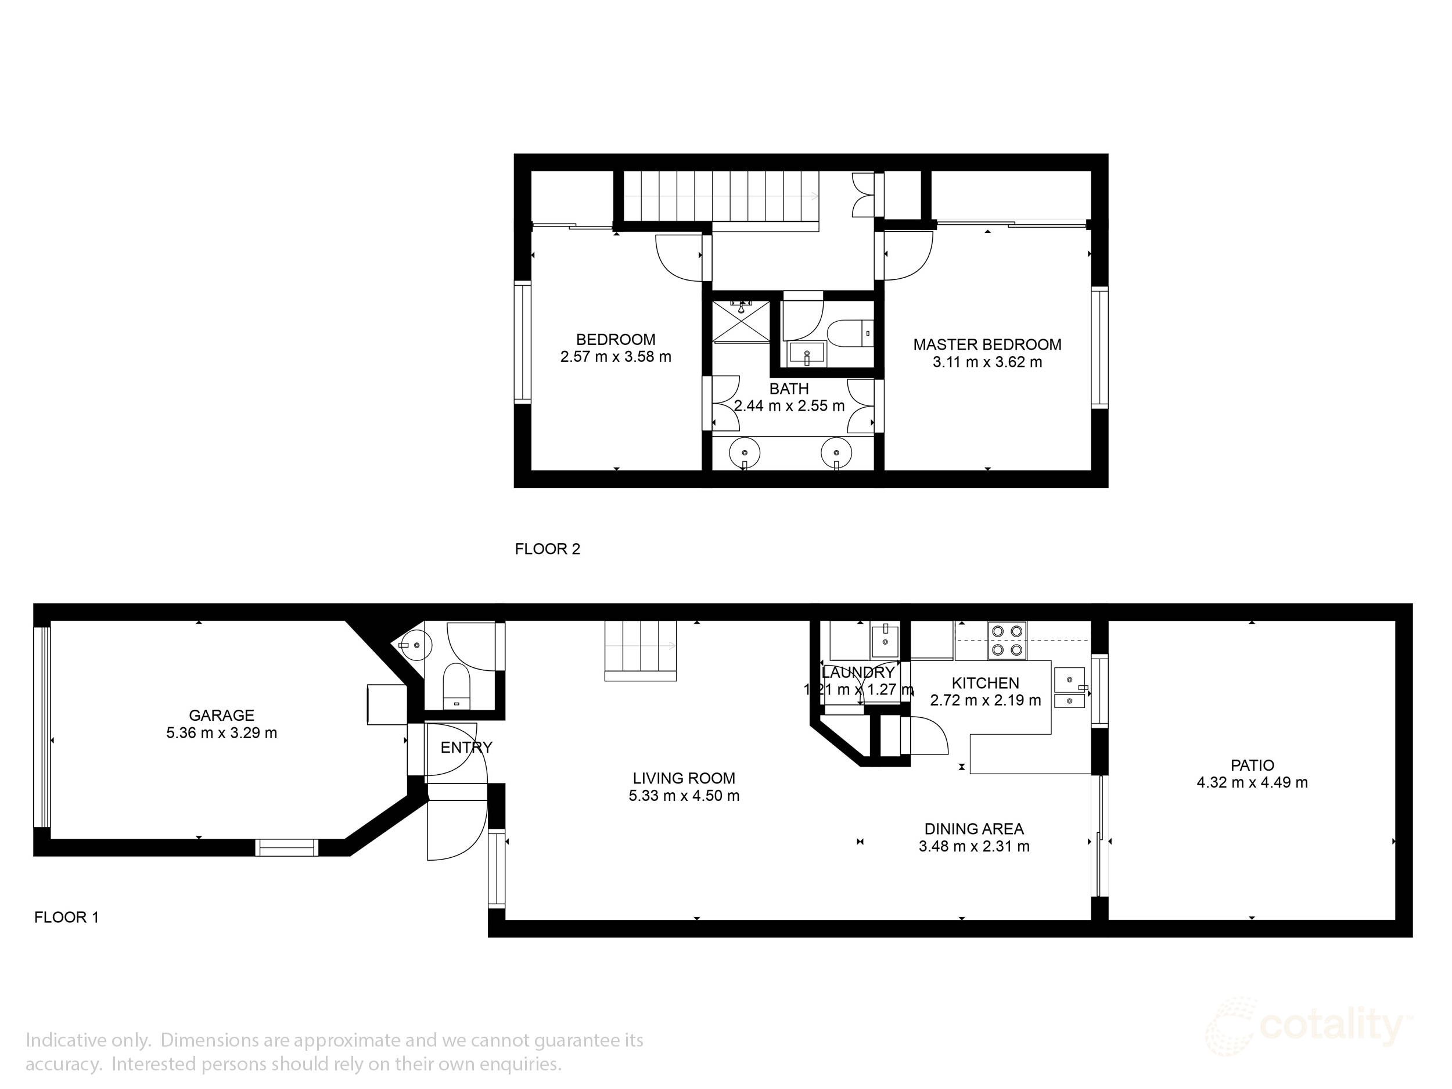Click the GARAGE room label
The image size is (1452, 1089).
[221, 716]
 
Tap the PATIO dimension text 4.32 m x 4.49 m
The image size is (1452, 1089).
[1252, 782]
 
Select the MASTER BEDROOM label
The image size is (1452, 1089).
[987, 344]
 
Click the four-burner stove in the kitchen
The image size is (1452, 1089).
[1008, 640]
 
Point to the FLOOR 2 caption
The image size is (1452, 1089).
[548, 549]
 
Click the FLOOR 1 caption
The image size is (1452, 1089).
[66, 917]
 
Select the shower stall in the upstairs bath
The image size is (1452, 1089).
[742, 321]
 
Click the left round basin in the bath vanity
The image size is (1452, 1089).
[745, 453]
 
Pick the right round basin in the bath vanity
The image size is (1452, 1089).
[836, 453]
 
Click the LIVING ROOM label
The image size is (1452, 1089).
[684, 778]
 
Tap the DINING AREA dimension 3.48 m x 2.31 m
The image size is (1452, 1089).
[974, 846]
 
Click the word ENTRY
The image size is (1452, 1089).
[466, 747]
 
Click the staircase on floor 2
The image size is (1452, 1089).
[721, 196]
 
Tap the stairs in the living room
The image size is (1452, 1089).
[640, 650]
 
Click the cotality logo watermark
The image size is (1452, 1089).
[1309, 1027]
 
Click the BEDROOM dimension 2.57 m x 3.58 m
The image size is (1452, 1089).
[616, 357]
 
